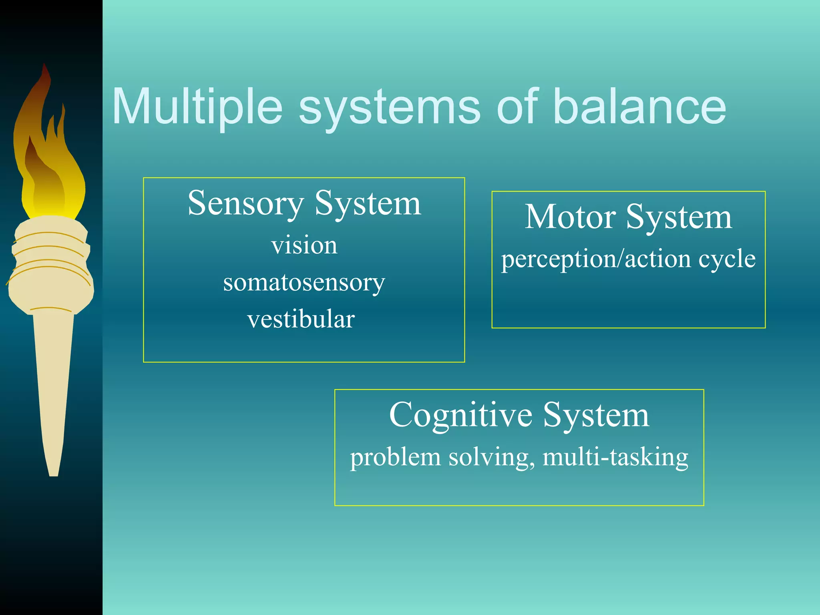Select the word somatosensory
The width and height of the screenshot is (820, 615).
(x=304, y=283)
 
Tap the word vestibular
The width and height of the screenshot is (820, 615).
(x=301, y=320)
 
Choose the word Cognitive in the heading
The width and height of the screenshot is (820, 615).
(x=460, y=415)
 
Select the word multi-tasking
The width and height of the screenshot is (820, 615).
(x=615, y=457)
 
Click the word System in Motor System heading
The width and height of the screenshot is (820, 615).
(x=679, y=217)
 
